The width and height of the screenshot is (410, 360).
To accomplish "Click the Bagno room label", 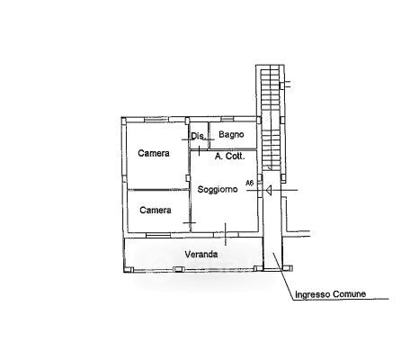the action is click(x=231, y=135).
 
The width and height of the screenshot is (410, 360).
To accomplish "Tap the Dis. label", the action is click(x=199, y=136).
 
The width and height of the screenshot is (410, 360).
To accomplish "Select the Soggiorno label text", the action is click(x=218, y=189).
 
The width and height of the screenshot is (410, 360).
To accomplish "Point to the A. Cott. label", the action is click(x=230, y=156).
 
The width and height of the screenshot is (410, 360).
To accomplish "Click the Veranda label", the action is click(x=201, y=255).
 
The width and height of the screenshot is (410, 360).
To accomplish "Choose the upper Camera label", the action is click(x=154, y=153).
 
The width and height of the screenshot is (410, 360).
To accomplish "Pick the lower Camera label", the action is click(x=156, y=210).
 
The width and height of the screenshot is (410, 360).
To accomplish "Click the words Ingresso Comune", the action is click(x=330, y=294).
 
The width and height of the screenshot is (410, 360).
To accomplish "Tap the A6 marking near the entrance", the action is click(x=250, y=183).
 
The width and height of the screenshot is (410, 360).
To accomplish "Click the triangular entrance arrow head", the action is click(x=269, y=190).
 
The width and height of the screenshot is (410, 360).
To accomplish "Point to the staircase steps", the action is click(x=272, y=120).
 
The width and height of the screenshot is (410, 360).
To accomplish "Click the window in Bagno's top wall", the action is click(x=227, y=119).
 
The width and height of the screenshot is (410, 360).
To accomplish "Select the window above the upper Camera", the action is click(x=156, y=120).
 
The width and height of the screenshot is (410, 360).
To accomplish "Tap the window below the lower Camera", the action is click(x=158, y=235).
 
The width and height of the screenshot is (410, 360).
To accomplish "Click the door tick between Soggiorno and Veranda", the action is click(x=226, y=234).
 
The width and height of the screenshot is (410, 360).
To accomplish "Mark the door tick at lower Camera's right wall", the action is click(x=190, y=222).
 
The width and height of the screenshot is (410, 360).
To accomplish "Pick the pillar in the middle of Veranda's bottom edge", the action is click(x=178, y=269).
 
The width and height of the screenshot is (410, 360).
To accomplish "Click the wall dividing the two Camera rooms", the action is click(x=158, y=190).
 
